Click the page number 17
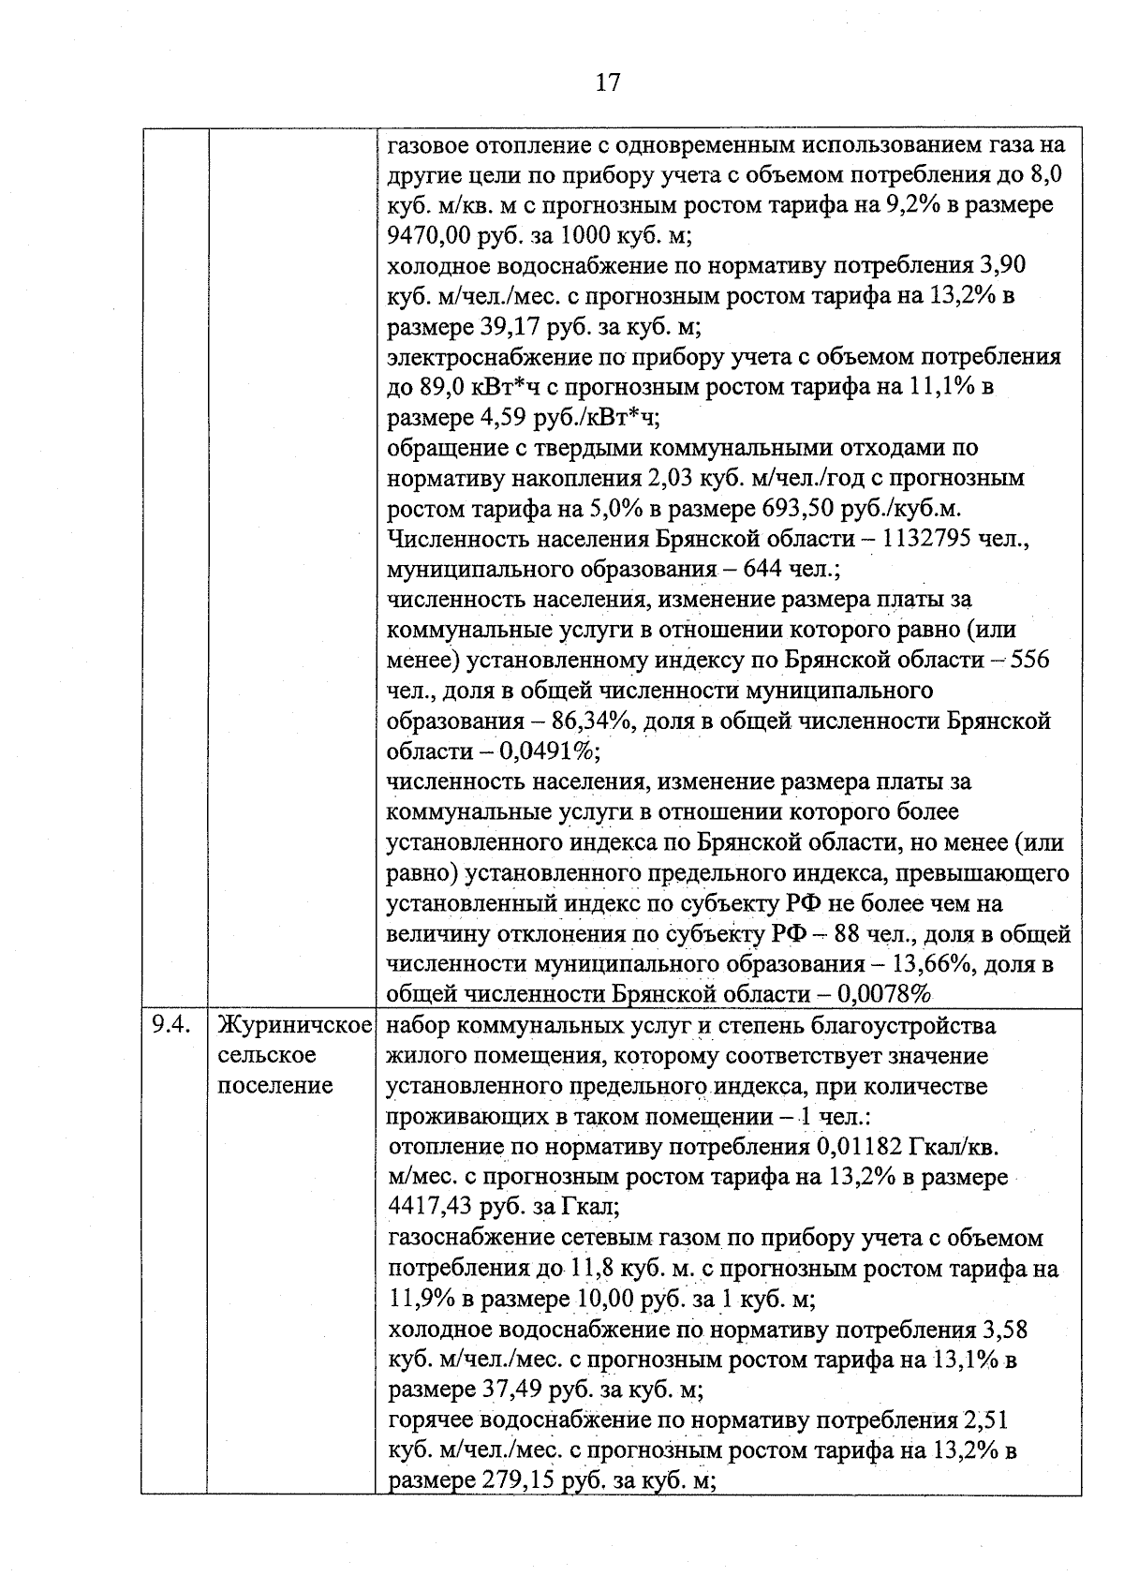[607, 82]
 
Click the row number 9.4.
[172, 1025]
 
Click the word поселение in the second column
[275, 1085]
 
